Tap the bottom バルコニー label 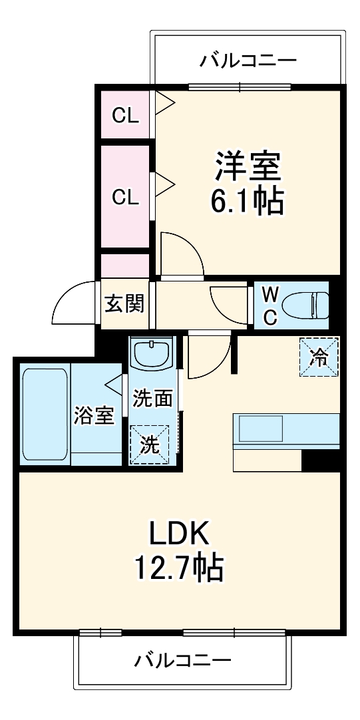(183, 661)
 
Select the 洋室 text (247, 166)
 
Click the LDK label (178, 534)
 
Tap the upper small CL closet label (125, 116)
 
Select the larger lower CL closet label (125, 197)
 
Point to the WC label (270, 305)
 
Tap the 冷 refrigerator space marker (319, 357)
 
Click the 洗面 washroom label (152, 399)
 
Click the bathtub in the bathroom (45, 417)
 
